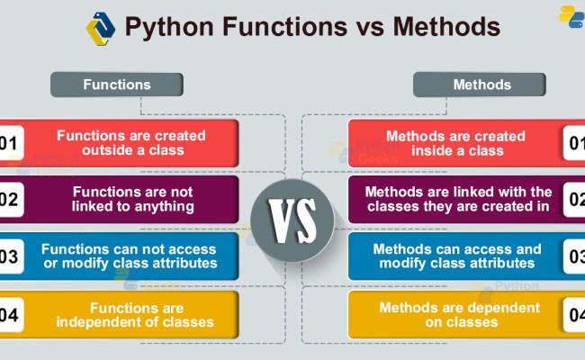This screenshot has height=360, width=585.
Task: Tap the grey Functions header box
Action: point(117,85)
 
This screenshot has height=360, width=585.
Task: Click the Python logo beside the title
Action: point(100,27)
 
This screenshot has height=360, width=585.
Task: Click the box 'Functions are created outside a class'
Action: point(131,142)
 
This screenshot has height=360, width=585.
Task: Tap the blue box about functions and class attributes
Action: point(130,256)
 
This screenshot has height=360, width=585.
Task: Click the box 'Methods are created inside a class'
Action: point(455,142)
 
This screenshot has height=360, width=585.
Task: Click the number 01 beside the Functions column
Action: point(9,142)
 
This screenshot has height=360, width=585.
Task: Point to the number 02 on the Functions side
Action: point(9,199)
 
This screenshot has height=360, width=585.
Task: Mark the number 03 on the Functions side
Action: point(9,256)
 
